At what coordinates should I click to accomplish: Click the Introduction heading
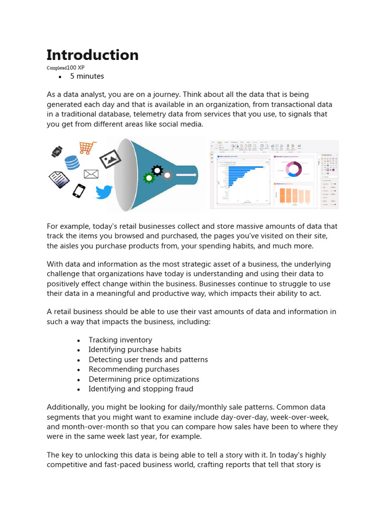[x=92, y=55]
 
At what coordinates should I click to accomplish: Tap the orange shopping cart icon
[x=87, y=148]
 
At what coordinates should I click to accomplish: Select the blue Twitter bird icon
[x=104, y=192]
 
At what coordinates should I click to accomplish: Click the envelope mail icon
[x=91, y=174]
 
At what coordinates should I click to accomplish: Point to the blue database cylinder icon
[x=72, y=162]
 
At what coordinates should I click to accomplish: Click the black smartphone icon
[x=79, y=191]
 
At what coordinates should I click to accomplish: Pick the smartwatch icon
[x=56, y=151]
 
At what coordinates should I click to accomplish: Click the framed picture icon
[x=110, y=160]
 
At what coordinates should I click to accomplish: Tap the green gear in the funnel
[x=148, y=178]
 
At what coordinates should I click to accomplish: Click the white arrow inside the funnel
[x=186, y=175]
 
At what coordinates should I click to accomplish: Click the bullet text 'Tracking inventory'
[x=120, y=340]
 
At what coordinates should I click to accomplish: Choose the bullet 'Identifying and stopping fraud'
[x=141, y=389]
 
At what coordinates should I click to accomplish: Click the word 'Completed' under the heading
[x=56, y=68]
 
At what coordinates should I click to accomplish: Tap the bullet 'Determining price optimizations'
[x=144, y=379]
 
